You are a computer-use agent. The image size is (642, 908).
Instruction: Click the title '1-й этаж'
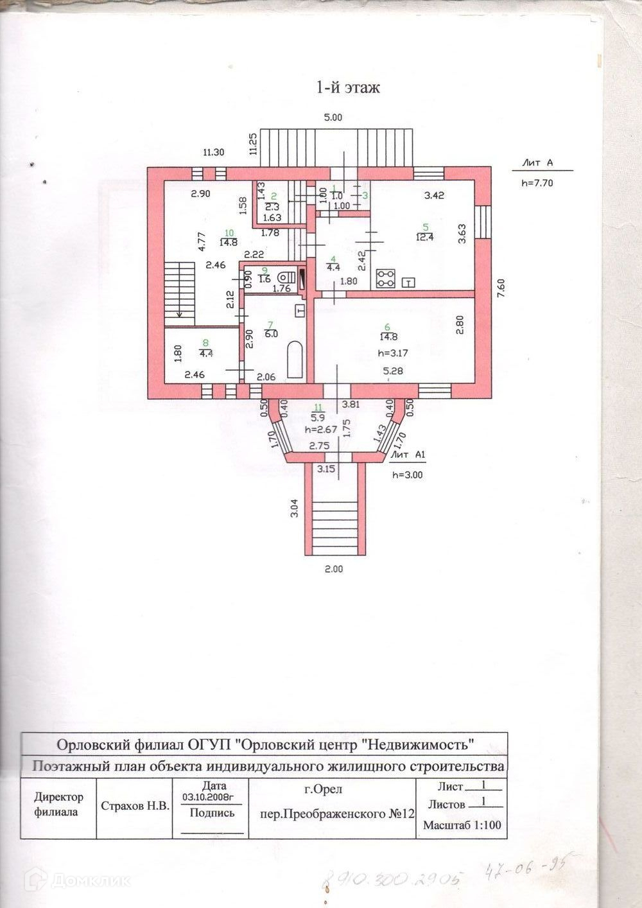click(348, 87)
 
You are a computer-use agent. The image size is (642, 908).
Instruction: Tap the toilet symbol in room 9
click(284, 277)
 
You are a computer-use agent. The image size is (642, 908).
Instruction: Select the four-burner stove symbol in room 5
click(385, 278)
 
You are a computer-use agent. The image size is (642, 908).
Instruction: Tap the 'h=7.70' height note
click(537, 182)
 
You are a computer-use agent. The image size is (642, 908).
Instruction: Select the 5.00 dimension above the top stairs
click(333, 118)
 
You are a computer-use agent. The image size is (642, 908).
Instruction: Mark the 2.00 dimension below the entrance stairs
click(333, 568)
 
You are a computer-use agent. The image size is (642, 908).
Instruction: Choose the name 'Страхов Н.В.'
click(135, 806)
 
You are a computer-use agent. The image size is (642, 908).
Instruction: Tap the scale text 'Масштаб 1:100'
click(462, 825)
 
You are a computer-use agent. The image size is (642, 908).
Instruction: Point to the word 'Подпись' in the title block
click(213, 813)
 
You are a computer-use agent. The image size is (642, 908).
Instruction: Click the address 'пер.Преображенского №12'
click(337, 813)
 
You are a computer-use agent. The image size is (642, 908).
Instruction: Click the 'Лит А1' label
click(408, 455)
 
